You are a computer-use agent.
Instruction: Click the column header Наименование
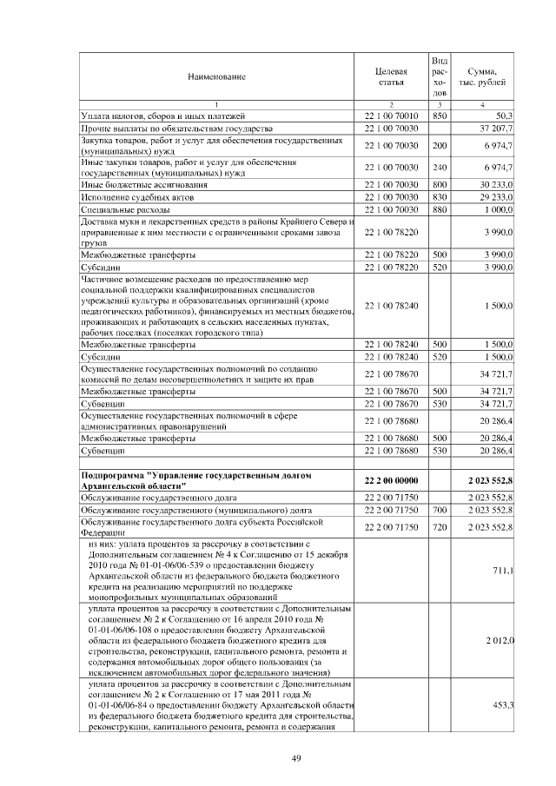216,77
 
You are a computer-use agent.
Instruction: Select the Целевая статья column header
391,77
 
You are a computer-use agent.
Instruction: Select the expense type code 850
440,116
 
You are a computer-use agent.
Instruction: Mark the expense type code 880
440,210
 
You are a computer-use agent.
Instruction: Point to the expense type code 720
440,527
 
